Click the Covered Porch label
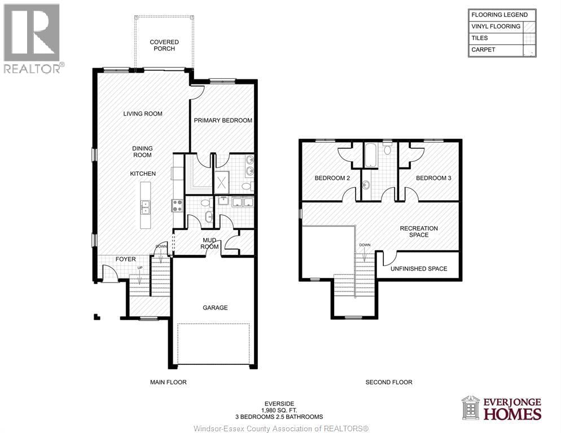pos(164,45)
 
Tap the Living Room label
pos(143,114)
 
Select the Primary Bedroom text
pos(223,121)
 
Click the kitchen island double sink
pos(146,207)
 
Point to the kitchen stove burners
pos(177,206)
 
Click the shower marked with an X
pos(221,182)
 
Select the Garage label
pos(215,308)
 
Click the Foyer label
pos(125,259)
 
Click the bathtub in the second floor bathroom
pos(370,156)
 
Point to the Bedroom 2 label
pos(332,178)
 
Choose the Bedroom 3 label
pos(433,178)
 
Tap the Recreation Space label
pos(418,232)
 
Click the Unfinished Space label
pos(419,269)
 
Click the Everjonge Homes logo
pos(501,408)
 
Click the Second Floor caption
pos(389,382)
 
